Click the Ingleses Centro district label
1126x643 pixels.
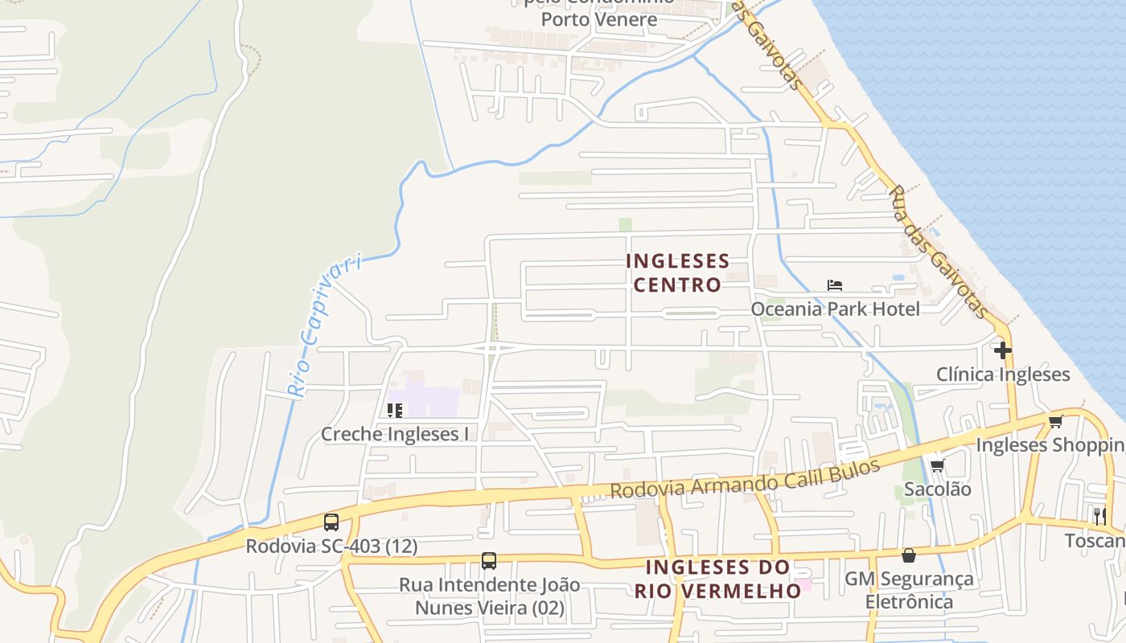click(x=677, y=272)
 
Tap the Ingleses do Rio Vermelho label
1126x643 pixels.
click(x=717, y=579)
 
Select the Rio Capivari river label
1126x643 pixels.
click(x=324, y=326)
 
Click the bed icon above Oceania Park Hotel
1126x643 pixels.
click(x=835, y=285)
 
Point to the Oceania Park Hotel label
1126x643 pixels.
click(x=835, y=309)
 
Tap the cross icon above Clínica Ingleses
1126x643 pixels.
click(x=1002, y=350)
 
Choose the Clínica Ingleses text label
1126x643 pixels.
click(x=1002, y=375)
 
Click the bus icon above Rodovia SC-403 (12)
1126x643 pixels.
click(x=331, y=522)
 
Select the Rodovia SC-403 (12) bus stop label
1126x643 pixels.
click(x=331, y=547)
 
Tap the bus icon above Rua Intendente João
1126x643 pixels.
click(x=489, y=561)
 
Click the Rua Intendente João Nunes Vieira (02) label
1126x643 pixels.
click(x=489, y=596)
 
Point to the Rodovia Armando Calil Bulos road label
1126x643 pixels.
click(x=745, y=481)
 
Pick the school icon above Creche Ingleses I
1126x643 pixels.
click(x=395, y=411)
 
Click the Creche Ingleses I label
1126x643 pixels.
click(x=395, y=435)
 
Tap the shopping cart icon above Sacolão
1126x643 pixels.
click(x=937, y=465)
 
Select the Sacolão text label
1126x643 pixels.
click(x=937, y=489)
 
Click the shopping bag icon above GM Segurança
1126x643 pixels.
click(x=909, y=555)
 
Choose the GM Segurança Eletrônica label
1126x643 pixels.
click(x=909, y=590)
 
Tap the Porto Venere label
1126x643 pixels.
click(x=598, y=19)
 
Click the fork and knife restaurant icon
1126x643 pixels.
click(x=1099, y=516)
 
